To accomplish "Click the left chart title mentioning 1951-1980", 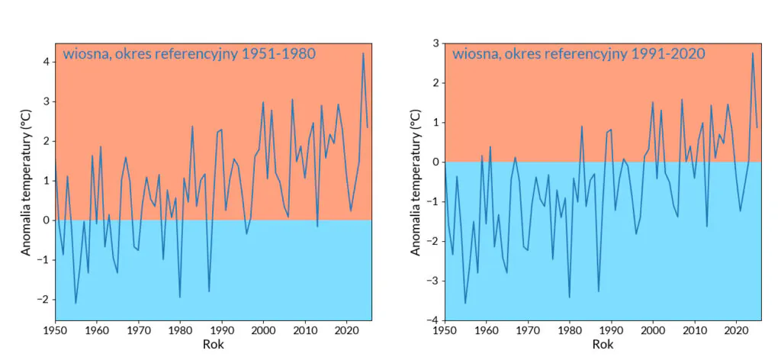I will (188, 54).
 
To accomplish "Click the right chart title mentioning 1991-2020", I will (578, 54).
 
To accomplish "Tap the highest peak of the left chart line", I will (363, 53).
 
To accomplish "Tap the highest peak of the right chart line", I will (753, 53).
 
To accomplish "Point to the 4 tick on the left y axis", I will (45, 62).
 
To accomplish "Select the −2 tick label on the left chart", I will (42, 300).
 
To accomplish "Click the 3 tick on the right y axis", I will (435, 43).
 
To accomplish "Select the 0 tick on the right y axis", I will (435, 162).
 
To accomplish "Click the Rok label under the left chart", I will (213, 345).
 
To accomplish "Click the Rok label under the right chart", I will (603, 345).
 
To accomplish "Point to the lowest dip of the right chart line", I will (465, 304).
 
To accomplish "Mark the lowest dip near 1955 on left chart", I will (76, 304).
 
